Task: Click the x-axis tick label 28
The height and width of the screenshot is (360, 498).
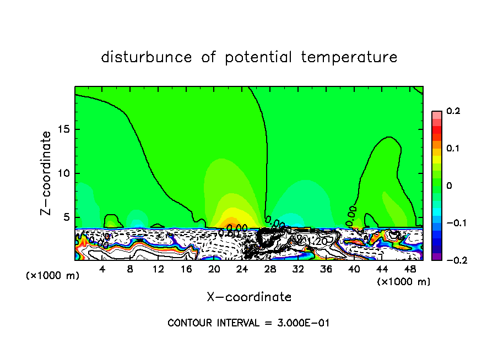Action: tap(270, 269)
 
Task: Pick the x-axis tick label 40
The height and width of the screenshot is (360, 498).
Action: tap(354, 269)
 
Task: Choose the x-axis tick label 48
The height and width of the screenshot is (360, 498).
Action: tap(410, 269)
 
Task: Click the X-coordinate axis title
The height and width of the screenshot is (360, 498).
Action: tap(249, 297)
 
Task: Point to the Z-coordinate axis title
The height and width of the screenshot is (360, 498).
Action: tap(47, 173)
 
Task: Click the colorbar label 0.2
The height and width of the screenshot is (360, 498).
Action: tap(453, 111)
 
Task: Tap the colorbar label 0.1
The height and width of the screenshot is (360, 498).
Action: tap(453, 149)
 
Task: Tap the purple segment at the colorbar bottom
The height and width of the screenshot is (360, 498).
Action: tap(436, 257)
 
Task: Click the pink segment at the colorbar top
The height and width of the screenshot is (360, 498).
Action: tap(436, 114)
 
